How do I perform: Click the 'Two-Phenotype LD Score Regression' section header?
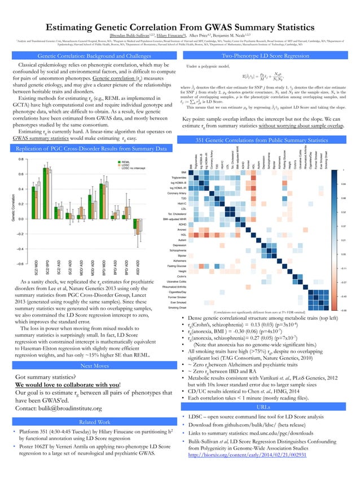coord(265,56)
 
